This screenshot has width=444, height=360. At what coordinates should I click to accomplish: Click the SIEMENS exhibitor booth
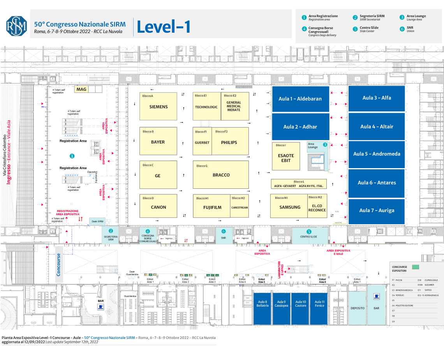coord(158,106)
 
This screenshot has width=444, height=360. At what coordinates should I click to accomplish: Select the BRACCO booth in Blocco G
coord(221,175)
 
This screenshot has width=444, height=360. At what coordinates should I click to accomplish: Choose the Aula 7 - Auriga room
coord(377,211)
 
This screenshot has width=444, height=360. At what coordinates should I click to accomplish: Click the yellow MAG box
coord(81,89)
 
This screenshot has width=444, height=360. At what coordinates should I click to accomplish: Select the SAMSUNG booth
coord(290,207)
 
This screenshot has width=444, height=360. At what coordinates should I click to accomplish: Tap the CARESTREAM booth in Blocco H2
coord(240,207)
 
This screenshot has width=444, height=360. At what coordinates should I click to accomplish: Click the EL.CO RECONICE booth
coord(317,208)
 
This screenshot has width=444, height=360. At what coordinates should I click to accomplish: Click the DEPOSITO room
coord(358,308)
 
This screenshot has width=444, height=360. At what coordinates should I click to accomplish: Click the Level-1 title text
coord(164,27)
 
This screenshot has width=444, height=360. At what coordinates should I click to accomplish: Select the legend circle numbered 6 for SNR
coord(402,29)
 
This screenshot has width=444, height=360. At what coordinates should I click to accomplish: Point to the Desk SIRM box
coord(97,221)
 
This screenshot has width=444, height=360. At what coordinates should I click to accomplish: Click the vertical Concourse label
coord(59,265)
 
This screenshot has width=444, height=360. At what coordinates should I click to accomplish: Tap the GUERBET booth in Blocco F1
coord(202,142)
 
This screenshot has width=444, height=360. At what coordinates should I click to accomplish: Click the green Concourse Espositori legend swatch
coord(416,267)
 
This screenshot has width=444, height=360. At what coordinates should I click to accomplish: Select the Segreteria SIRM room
coord(111,235)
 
